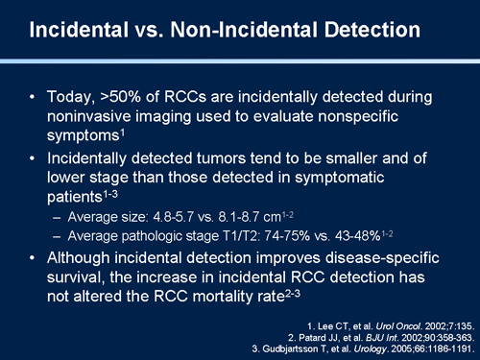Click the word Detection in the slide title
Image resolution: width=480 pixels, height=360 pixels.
[x=356, y=31]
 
